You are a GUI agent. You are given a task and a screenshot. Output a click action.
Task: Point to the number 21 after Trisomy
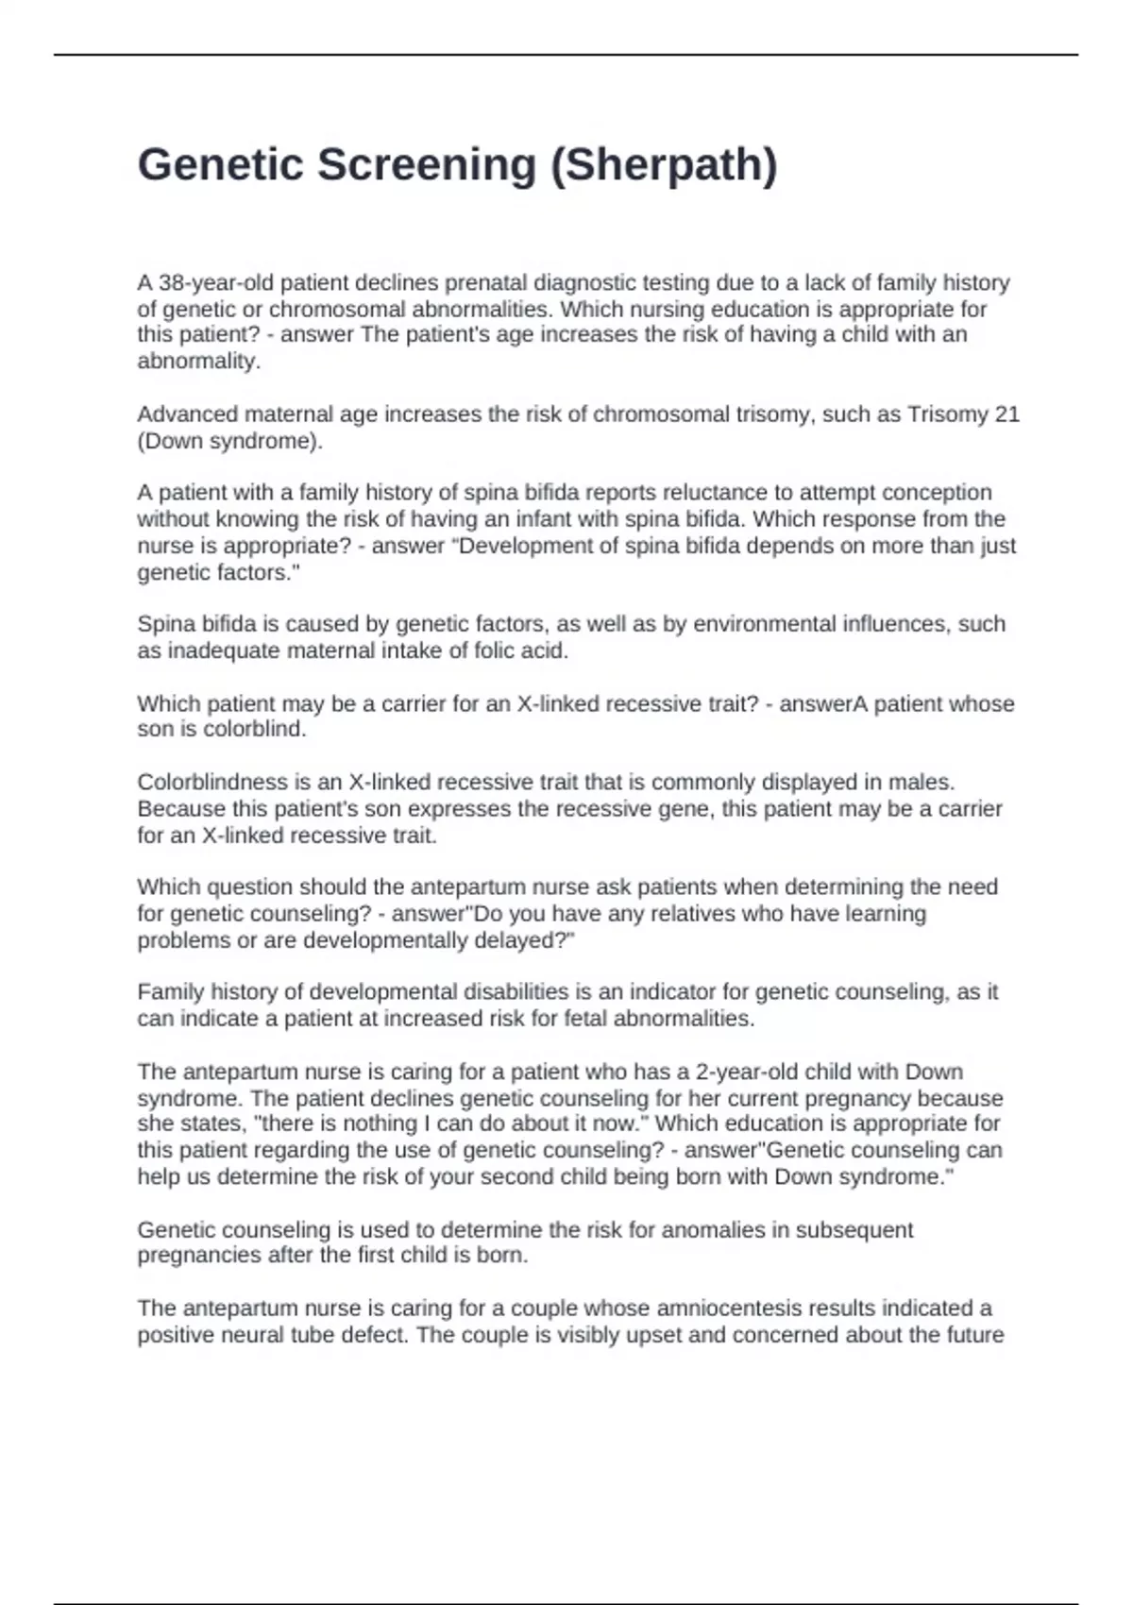[1006, 414]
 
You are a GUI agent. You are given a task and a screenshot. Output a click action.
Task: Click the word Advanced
[187, 414]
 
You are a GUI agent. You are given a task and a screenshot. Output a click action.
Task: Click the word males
[926, 783]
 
